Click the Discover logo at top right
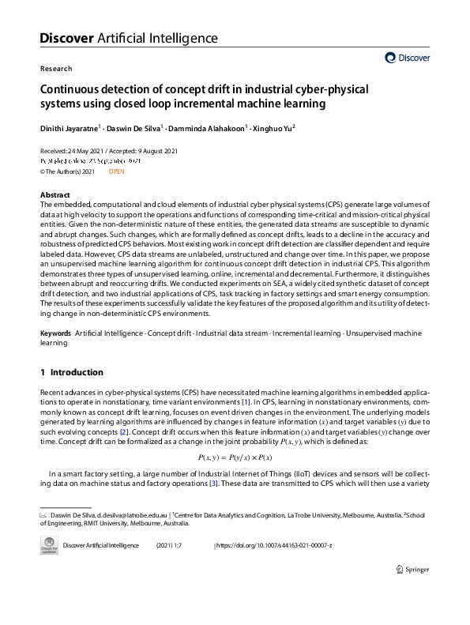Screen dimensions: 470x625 408,58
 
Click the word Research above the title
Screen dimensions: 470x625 56,69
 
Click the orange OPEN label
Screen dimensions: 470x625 117,171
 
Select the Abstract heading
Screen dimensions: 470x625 55,195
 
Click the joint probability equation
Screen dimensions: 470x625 235,457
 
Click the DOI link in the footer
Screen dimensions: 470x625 274,546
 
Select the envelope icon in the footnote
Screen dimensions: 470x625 44,515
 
